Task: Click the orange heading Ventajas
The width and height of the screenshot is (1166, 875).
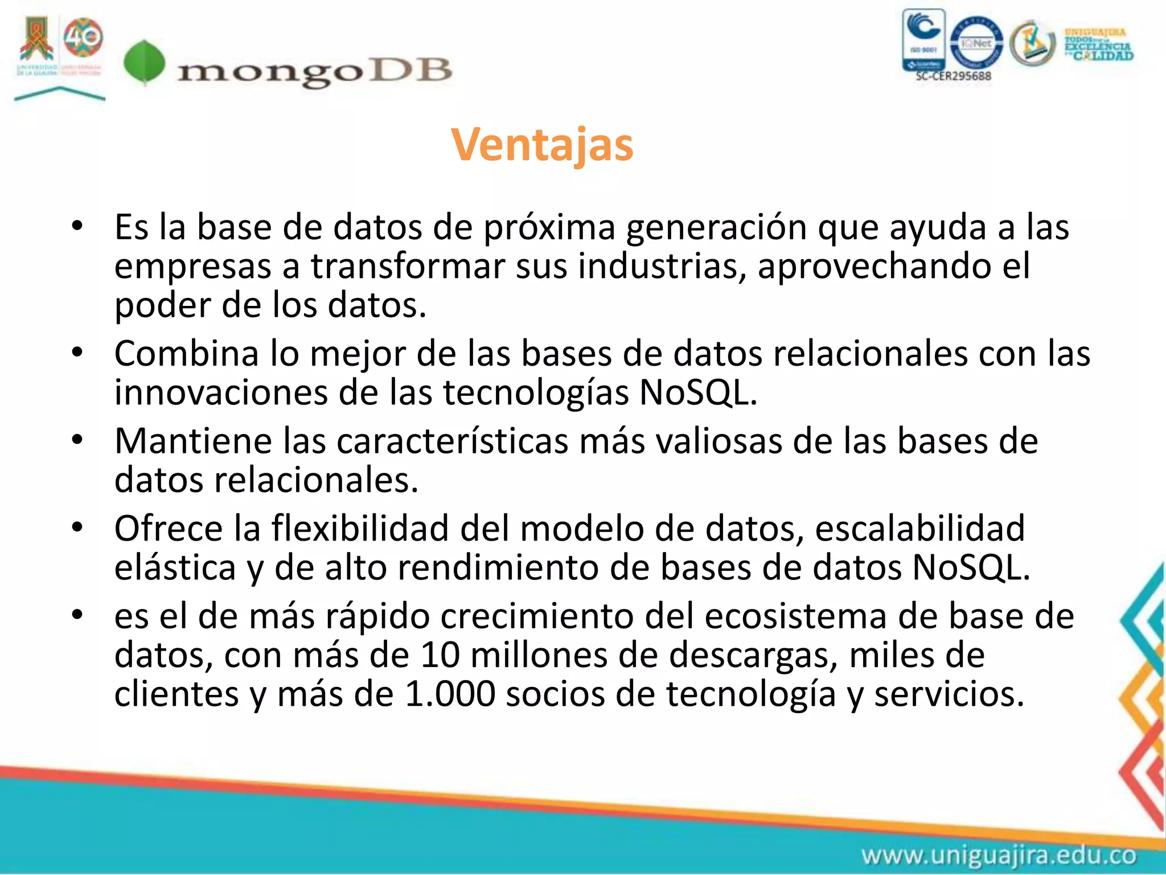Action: point(542,145)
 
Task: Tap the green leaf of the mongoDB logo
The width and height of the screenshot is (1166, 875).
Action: point(145,63)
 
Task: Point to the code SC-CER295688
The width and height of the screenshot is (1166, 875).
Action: point(953,76)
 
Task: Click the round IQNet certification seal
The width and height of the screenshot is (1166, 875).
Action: point(977,43)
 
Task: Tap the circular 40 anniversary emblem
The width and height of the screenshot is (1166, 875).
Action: point(83,38)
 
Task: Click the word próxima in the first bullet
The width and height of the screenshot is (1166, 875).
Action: point(549,227)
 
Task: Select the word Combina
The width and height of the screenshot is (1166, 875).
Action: point(187,354)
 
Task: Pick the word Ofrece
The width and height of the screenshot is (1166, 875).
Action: point(169,529)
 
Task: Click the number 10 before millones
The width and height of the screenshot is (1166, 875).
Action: point(440,655)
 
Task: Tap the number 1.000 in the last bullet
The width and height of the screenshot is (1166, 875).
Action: point(450,694)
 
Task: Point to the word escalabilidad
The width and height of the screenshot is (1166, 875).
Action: point(919,529)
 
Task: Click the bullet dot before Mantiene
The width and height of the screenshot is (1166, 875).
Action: point(77,440)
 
